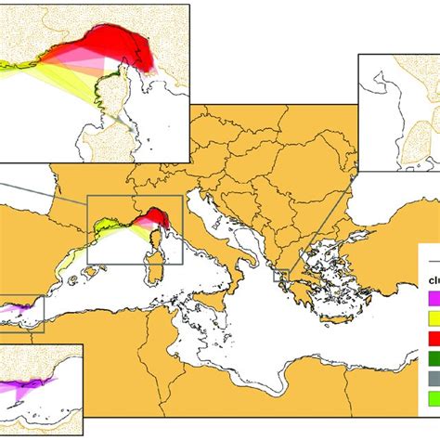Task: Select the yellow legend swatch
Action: pyautogui.click(x=432, y=318)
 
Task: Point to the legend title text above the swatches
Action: pyautogui.click(x=433, y=278)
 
